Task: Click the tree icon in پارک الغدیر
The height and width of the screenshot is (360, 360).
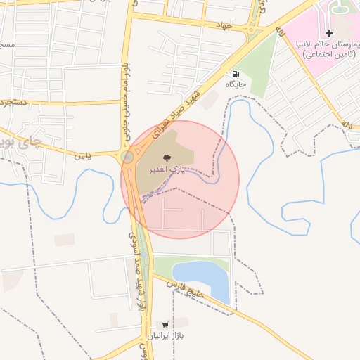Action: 166,158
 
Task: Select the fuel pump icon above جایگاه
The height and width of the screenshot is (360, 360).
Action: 235,74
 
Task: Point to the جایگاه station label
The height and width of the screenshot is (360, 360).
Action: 235,84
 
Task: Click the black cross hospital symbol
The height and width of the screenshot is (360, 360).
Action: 328,34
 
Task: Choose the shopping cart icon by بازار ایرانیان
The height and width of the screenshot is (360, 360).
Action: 165,326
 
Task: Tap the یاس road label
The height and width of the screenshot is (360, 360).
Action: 84,155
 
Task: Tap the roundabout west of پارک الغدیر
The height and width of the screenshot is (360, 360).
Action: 127,157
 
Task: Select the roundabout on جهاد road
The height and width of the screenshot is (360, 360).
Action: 251,30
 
